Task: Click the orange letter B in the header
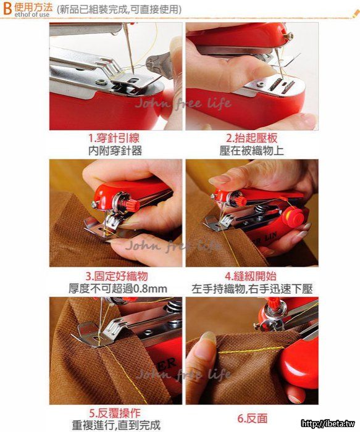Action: [x=7, y=8]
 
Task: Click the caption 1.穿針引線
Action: [x=114, y=138]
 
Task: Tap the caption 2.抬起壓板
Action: [x=252, y=138]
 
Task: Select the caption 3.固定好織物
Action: [x=117, y=276]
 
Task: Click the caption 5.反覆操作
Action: [x=115, y=413]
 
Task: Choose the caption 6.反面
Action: [x=253, y=418]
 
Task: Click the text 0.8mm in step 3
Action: [x=151, y=289]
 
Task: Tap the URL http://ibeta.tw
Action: [x=328, y=423]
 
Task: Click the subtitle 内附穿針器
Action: [x=115, y=151]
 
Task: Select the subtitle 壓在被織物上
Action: [x=252, y=151]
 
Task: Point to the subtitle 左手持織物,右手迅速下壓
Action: [x=252, y=289]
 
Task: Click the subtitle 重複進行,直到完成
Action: [x=116, y=425]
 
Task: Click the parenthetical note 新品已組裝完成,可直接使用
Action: [x=119, y=9]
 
